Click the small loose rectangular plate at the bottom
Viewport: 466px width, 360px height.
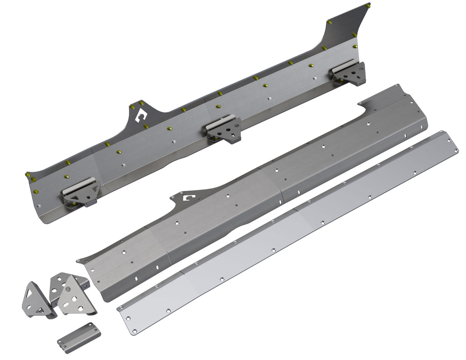[x=79, y=332]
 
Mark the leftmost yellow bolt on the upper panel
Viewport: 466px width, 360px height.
[x=28, y=175]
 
